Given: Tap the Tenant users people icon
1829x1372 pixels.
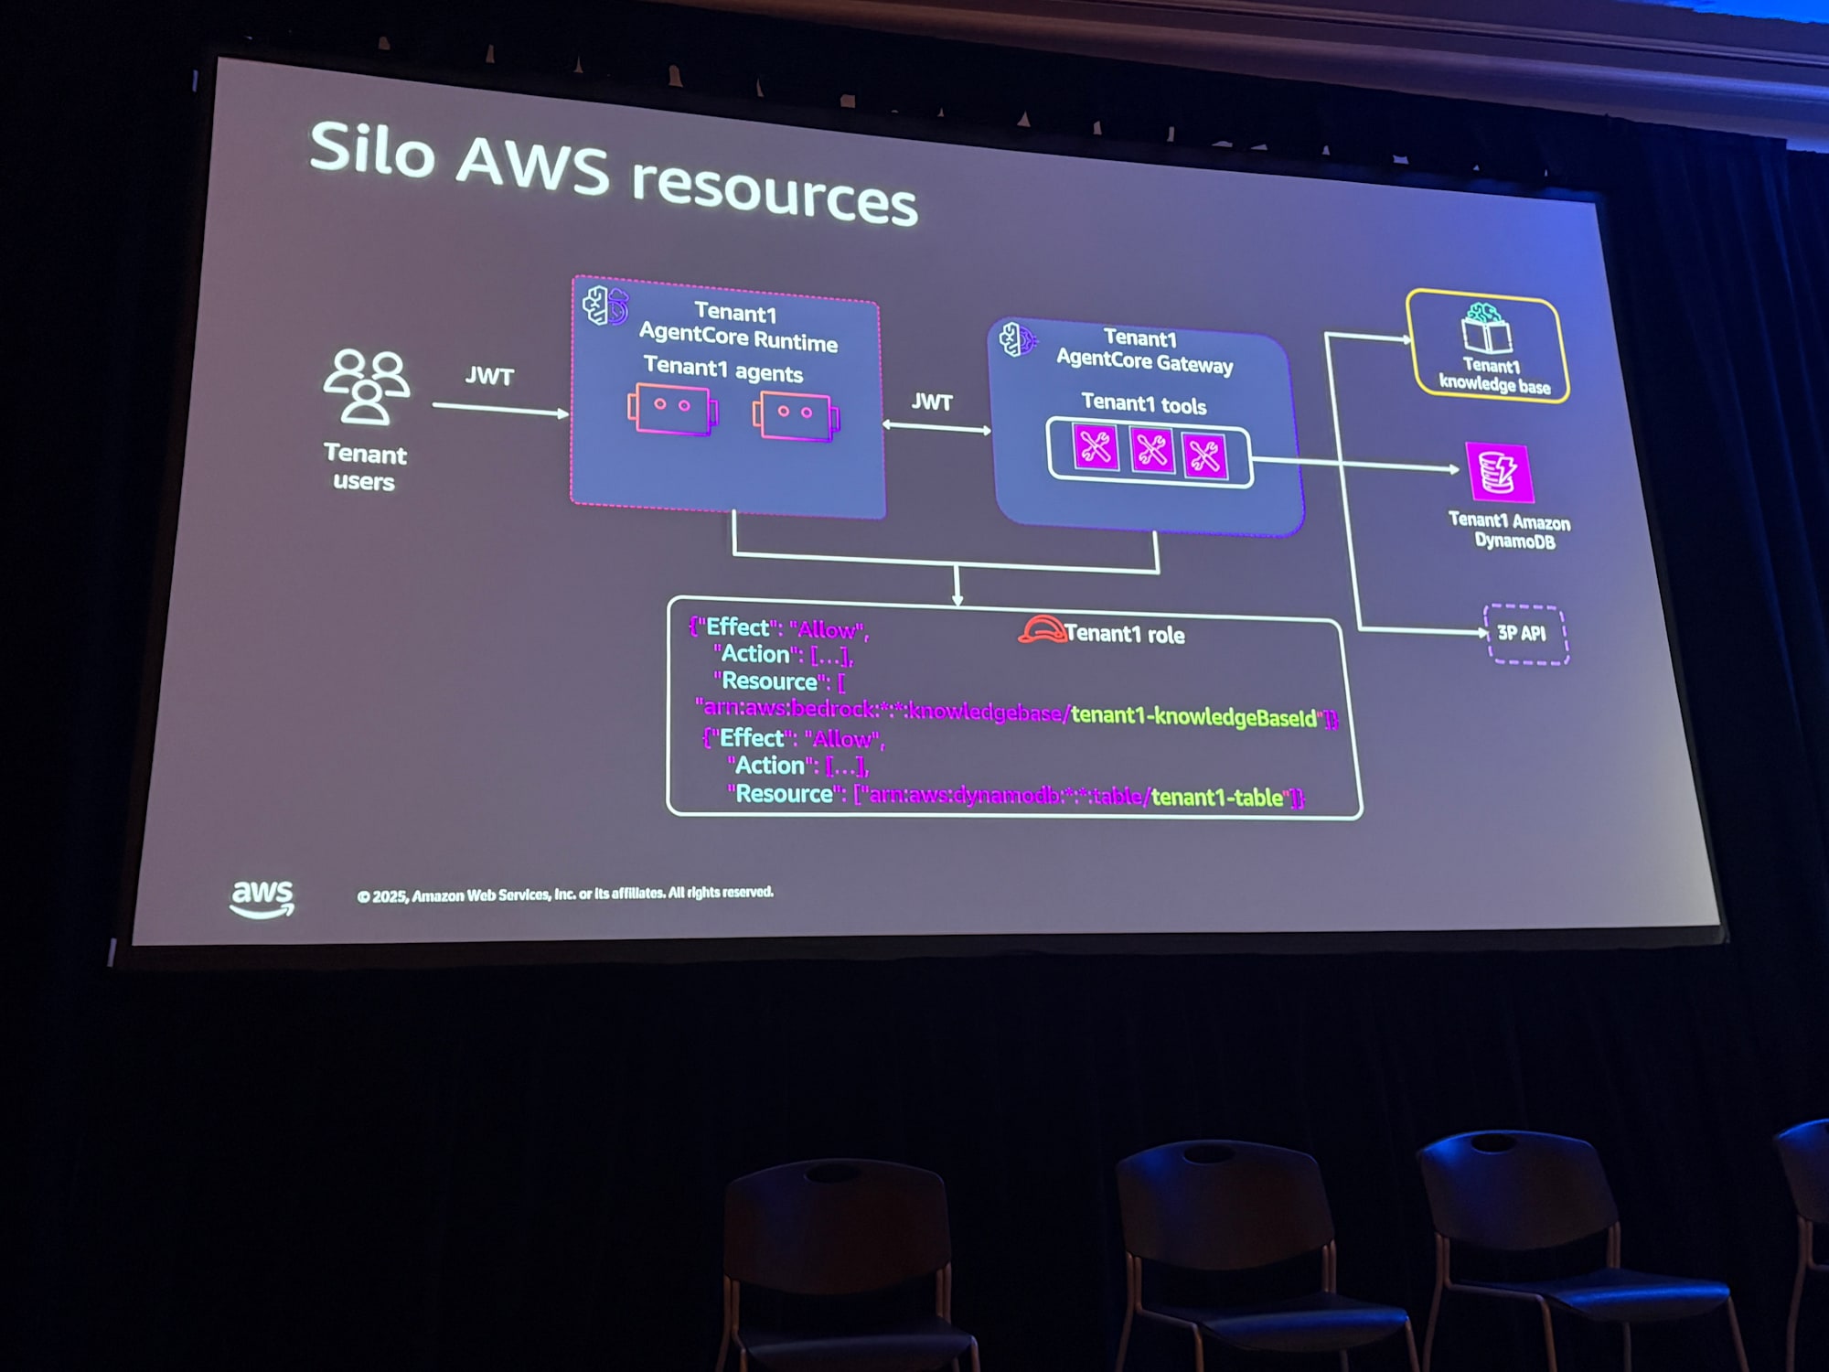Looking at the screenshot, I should [x=366, y=386].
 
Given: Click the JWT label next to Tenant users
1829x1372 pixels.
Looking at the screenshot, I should [x=489, y=376].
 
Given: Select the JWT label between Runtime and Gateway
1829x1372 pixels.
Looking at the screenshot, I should [x=932, y=402].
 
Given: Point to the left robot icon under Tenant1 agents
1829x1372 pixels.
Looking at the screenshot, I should [x=672, y=410].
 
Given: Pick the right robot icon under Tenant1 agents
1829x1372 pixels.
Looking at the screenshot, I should [x=796, y=417].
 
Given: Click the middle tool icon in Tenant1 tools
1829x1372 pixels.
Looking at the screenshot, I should [x=1150, y=451].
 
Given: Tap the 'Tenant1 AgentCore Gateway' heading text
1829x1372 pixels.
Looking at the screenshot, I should [x=1143, y=351].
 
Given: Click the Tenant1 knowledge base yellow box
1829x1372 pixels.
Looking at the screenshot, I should [x=1488, y=348].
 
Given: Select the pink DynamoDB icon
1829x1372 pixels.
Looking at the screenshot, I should [x=1499, y=472].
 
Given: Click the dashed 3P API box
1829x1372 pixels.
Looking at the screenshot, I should [x=1525, y=633].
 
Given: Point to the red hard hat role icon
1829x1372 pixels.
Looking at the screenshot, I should [x=1042, y=629].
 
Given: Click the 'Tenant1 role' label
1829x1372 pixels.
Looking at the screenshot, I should [x=1125, y=634].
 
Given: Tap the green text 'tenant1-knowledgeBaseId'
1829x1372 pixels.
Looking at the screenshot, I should [x=1193, y=716].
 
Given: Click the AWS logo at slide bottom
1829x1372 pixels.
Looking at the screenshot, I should [x=262, y=897].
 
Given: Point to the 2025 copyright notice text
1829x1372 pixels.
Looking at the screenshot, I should [x=565, y=894].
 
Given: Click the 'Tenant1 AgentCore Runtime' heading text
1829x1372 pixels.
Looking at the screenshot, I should [x=737, y=327].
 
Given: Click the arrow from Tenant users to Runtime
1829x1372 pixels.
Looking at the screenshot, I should [x=500, y=409].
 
